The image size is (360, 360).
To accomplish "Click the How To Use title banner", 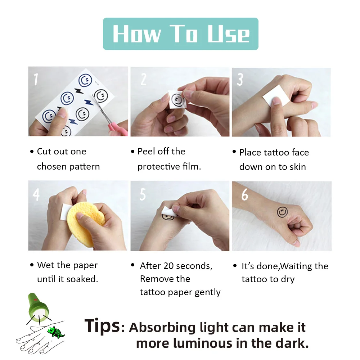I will pyautogui.click(x=180, y=33).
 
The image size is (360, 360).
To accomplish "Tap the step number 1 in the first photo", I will pyautogui.click(x=36, y=79).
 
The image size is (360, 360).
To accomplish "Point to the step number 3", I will pyautogui.click(x=240, y=80).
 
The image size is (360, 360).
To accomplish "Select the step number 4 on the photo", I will pyautogui.click(x=36, y=194).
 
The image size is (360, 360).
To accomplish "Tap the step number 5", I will pyautogui.click(x=143, y=195).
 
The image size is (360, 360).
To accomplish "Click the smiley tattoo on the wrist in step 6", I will pyautogui.click(x=283, y=212).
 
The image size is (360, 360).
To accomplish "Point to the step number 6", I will pyautogui.click(x=245, y=195).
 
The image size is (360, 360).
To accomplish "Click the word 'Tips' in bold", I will pyautogui.click(x=102, y=326).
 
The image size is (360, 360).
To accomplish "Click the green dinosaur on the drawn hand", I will pyautogui.click(x=56, y=332).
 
